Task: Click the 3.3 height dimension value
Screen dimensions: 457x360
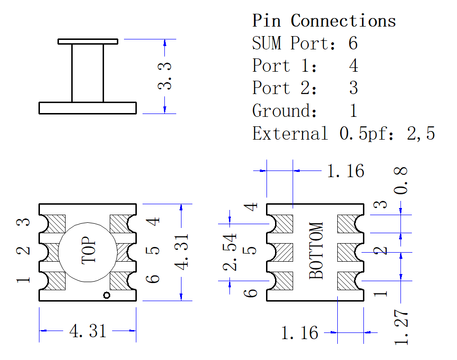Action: tap(165, 76)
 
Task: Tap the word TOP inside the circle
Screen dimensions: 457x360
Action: tap(89, 250)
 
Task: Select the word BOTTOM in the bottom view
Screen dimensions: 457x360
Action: tap(316, 250)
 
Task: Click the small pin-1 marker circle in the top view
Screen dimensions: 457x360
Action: tap(107, 295)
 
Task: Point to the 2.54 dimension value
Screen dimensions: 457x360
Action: tap(230, 252)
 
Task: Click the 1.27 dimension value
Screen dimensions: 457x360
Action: tap(401, 328)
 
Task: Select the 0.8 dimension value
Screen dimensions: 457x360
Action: tap(400, 181)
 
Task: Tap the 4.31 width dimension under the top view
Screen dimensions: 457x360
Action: tap(88, 331)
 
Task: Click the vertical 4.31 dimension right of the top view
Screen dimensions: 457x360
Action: tap(181, 252)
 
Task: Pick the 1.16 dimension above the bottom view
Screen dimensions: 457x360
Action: tap(346, 171)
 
